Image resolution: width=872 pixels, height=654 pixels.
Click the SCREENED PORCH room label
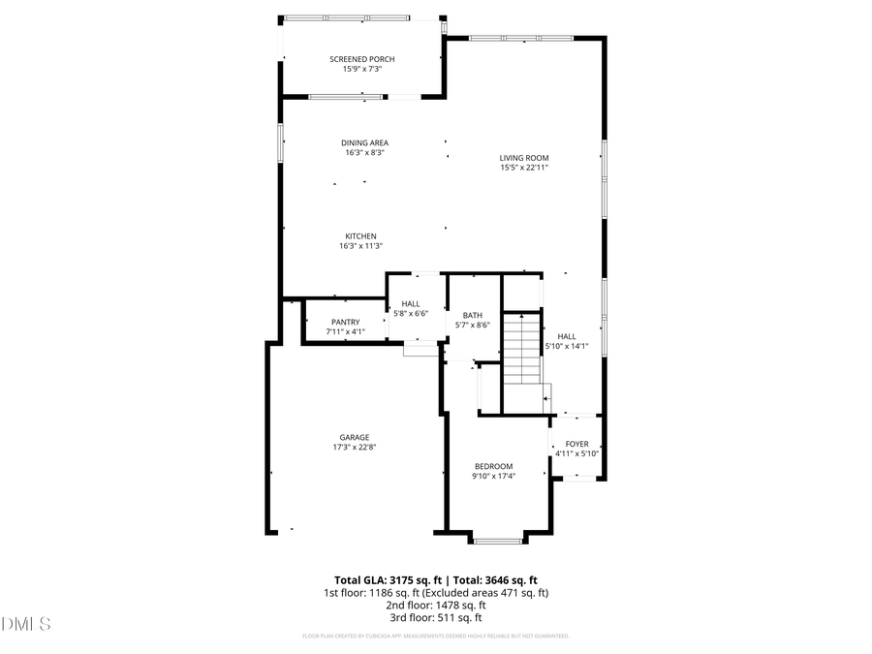(x=361, y=59)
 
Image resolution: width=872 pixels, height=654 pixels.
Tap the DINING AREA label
(x=364, y=142)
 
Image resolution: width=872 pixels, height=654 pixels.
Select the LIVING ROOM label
(x=524, y=158)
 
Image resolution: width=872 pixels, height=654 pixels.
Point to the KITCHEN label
(x=360, y=236)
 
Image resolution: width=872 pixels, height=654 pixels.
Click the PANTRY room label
(x=345, y=323)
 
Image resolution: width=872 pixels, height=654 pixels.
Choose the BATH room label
(x=472, y=315)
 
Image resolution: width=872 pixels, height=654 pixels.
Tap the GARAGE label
(x=354, y=437)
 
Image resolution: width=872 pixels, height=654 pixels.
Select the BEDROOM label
(x=493, y=466)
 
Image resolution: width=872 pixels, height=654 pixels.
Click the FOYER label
(x=577, y=444)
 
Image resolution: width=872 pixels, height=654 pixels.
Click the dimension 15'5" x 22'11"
(x=524, y=168)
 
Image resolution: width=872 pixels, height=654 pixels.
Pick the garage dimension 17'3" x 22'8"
(x=354, y=447)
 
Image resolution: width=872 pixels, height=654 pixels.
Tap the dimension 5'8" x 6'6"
(x=411, y=313)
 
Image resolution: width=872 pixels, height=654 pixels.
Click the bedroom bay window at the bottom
(x=499, y=539)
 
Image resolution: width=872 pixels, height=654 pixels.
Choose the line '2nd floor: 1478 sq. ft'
(x=435, y=605)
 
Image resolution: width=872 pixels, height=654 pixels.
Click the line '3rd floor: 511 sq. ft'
(x=435, y=617)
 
